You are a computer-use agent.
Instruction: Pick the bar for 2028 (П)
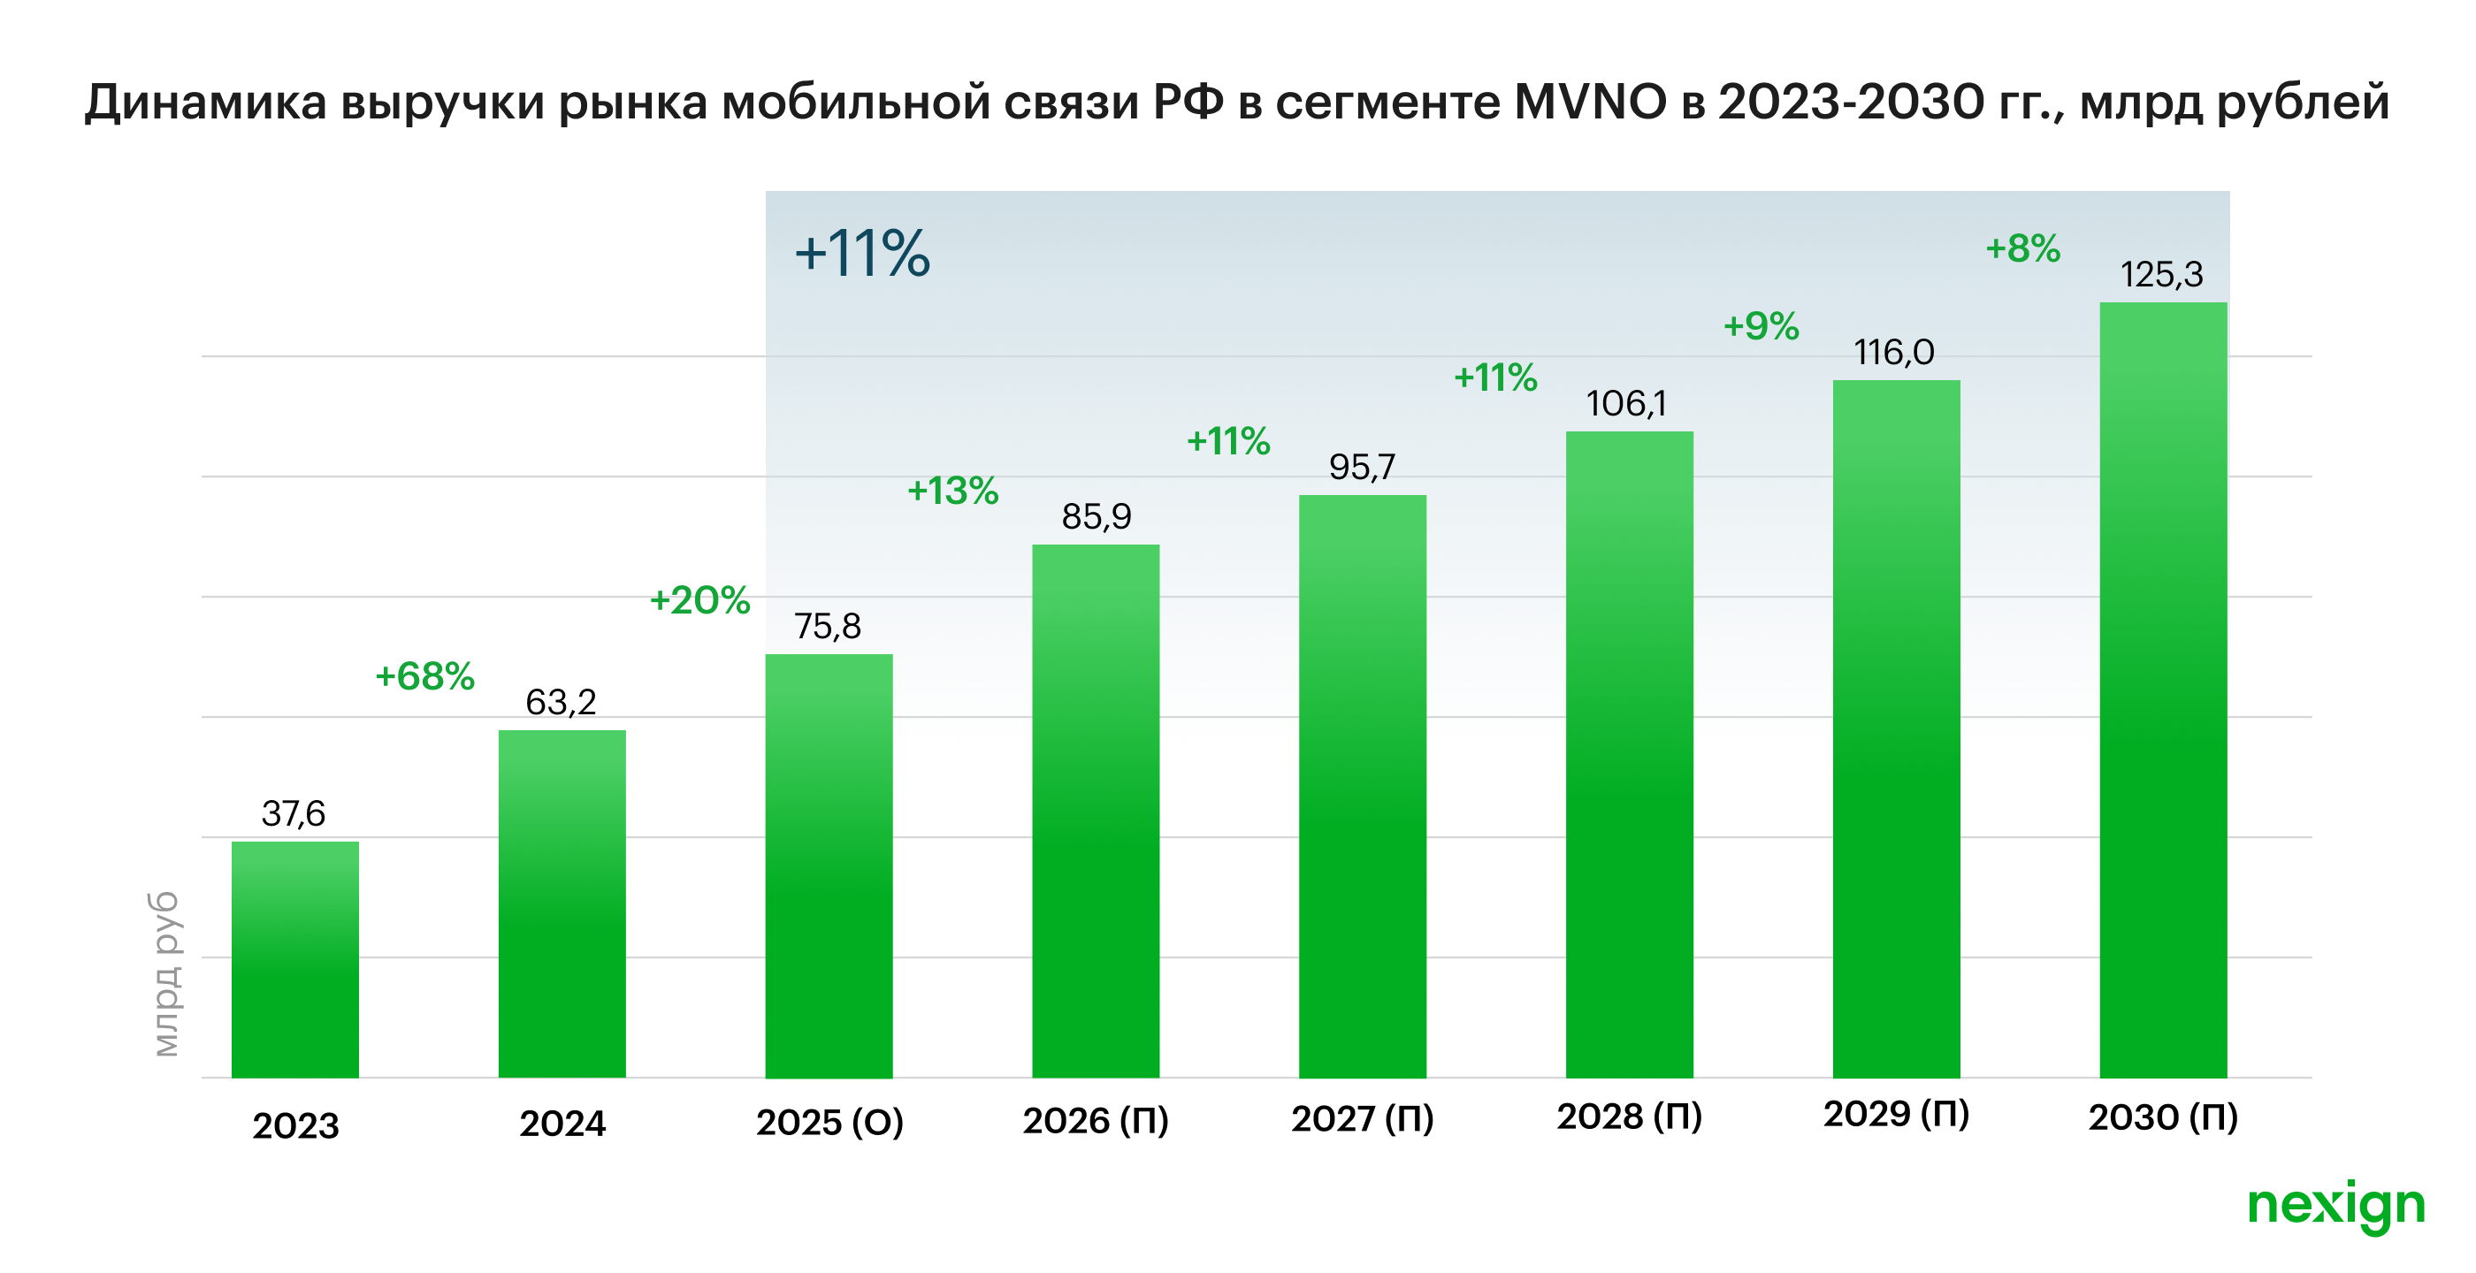pyautogui.click(x=1629, y=753)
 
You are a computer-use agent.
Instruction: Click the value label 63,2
pyautogui.click(x=562, y=702)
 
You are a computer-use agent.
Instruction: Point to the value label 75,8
pyautogui.click(x=828, y=627)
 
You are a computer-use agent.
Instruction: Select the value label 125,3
pyautogui.click(x=2162, y=275)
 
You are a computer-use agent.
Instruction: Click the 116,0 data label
pyautogui.click(x=1893, y=353)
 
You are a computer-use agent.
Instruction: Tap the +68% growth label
pyautogui.click(x=424, y=676)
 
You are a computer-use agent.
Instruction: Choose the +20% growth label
pyautogui.click(x=699, y=600)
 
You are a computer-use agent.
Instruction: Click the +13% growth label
pyautogui.click(x=952, y=491)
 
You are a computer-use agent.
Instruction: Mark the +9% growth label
pyautogui.click(x=1761, y=327)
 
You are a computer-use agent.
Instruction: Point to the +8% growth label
pyautogui.click(x=2023, y=248)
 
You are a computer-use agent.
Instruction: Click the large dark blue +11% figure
pyautogui.click(x=862, y=255)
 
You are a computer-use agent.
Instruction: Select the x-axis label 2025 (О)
pyautogui.click(x=829, y=1122)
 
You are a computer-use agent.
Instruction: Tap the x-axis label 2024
pyautogui.click(x=562, y=1123)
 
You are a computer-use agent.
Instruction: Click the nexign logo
pyautogui.click(x=2335, y=1205)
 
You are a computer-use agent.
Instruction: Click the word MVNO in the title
pyautogui.click(x=1591, y=102)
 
